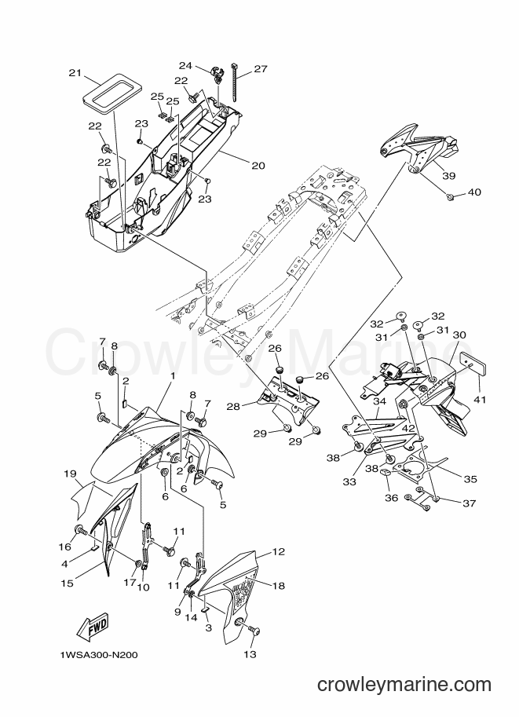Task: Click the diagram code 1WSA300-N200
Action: tap(98, 655)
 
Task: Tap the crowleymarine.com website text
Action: tap(404, 685)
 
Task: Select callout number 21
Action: tap(75, 73)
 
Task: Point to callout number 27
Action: tap(260, 69)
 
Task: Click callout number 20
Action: tap(258, 166)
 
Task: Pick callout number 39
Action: tap(448, 176)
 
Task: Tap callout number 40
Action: tap(474, 192)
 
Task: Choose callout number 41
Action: tap(479, 400)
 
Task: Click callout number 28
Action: tap(233, 405)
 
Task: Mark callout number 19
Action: tap(70, 474)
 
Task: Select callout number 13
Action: tap(250, 654)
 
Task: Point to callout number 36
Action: tap(392, 498)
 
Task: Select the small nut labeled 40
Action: tap(451, 196)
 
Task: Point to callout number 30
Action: tap(459, 335)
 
